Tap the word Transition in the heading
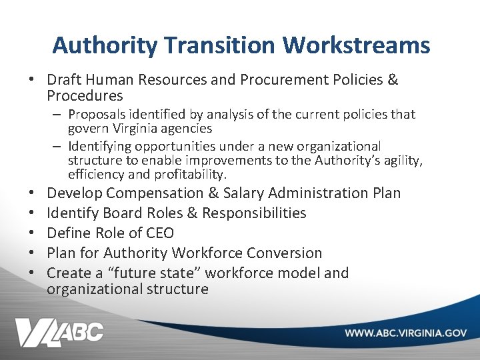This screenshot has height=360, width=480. click(221, 45)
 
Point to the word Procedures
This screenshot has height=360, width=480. click(85, 96)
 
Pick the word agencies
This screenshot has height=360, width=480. click(186, 128)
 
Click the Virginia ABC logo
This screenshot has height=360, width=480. click(60, 331)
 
